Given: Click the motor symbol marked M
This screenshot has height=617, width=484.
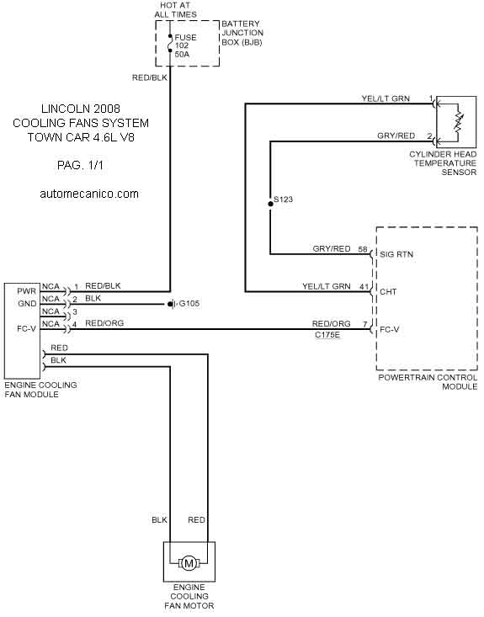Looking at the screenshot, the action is [189, 563].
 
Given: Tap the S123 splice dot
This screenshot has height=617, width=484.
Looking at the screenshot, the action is [270, 204].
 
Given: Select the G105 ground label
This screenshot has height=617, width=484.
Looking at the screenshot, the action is [189, 304].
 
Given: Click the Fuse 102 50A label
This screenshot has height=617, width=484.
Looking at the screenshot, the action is [185, 45].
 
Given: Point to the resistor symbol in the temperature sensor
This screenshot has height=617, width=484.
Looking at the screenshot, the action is [458, 123].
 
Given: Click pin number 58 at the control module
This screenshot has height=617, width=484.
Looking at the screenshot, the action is [363, 249].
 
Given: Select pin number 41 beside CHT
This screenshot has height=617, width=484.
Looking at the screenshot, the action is [363, 286].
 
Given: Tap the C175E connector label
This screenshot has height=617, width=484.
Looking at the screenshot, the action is [327, 335].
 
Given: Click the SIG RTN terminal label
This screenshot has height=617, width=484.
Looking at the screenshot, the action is [396, 254].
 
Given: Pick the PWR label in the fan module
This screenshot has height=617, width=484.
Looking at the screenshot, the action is [26, 291].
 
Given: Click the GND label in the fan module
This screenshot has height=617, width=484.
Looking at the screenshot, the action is [27, 304].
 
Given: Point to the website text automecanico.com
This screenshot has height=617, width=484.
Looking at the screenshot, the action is [89, 194].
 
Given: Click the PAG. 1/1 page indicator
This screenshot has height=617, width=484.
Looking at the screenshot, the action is [80, 165].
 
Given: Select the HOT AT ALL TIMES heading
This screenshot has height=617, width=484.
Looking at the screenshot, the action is [175, 10].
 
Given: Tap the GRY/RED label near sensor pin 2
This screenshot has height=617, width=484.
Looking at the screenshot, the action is [396, 136].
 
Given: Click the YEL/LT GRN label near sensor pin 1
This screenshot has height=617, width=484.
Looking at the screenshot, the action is [386, 98].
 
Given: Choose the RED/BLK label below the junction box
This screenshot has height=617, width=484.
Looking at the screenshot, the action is [150, 78].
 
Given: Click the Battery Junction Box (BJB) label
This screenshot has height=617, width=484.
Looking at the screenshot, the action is [242, 33].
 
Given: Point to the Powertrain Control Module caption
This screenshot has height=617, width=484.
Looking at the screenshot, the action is [428, 382].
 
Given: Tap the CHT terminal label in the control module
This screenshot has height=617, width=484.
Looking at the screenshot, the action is [388, 292].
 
